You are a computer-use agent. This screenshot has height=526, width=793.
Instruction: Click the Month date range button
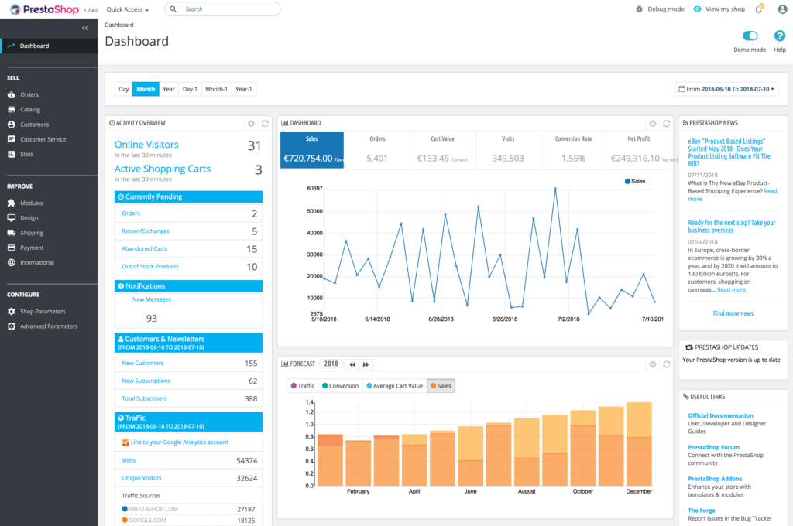tap(146, 89)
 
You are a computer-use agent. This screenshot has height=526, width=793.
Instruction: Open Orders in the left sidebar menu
tap(29, 94)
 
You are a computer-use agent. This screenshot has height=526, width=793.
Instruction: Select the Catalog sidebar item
tap(30, 110)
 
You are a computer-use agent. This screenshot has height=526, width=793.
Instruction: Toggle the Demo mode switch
tap(750, 36)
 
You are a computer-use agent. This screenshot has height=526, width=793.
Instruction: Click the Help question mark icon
tap(780, 36)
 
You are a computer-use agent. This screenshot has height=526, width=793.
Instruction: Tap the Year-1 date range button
tap(243, 89)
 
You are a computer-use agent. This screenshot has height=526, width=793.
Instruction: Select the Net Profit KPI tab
tap(638, 149)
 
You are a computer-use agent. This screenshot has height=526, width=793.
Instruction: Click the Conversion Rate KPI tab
tap(573, 149)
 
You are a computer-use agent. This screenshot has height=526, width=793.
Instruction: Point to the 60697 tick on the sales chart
tap(314, 189)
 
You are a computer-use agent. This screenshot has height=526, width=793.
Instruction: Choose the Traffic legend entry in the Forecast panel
tap(302, 385)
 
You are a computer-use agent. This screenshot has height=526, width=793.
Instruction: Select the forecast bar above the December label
tap(638, 444)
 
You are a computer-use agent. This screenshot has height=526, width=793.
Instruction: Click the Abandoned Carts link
tap(145, 249)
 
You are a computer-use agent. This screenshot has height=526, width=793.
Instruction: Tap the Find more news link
tap(733, 313)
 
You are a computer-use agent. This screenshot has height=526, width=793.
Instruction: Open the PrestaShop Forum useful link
tap(713, 447)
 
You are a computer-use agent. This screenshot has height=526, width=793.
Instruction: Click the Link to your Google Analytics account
tap(179, 442)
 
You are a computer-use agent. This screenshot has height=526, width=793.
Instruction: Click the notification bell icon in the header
tap(737, 9)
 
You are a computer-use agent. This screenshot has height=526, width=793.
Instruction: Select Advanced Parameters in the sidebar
tap(49, 326)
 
